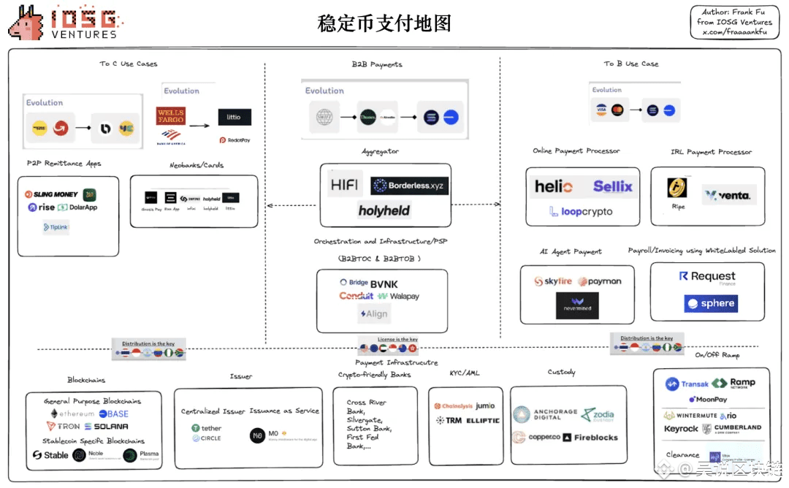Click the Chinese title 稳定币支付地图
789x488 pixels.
pyautogui.click(x=384, y=23)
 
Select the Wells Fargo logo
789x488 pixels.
pyautogui.click(x=170, y=116)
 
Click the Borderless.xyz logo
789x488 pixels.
pyautogui.click(x=409, y=186)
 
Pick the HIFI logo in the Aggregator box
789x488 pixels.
pyautogui.click(x=344, y=186)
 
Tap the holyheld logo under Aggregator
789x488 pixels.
pyautogui.click(x=384, y=211)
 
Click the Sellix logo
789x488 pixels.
pyautogui.click(x=612, y=186)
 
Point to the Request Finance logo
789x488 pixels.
pyautogui.click(x=707, y=277)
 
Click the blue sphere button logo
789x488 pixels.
pyautogui.click(x=711, y=304)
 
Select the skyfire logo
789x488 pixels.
pyautogui.click(x=553, y=281)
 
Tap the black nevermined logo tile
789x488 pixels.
pyautogui.click(x=577, y=305)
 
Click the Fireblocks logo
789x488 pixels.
pyautogui.click(x=591, y=438)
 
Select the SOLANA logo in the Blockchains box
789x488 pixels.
pyautogui.click(x=106, y=427)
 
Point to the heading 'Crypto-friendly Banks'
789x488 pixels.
pyautogui.click(x=374, y=375)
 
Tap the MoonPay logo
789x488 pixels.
pyautogui.click(x=707, y=400)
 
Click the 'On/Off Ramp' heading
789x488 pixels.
pyautogui.click(x=717, y=355)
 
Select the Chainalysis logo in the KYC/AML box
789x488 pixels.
pyautogui.click(x=453, y=406)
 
